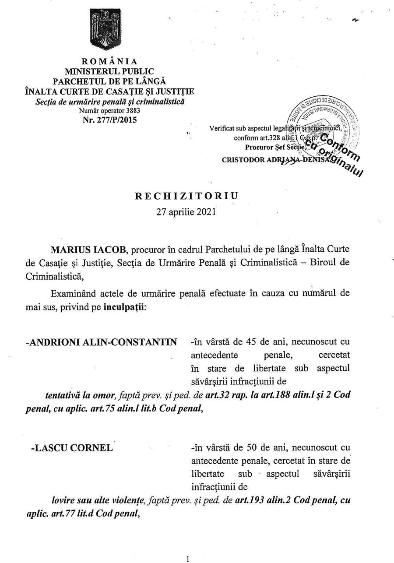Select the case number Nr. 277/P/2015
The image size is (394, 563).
109,119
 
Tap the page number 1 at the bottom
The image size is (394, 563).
188,559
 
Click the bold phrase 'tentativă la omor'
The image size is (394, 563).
81,394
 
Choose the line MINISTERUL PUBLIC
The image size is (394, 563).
109,71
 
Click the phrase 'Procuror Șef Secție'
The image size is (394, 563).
273,148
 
